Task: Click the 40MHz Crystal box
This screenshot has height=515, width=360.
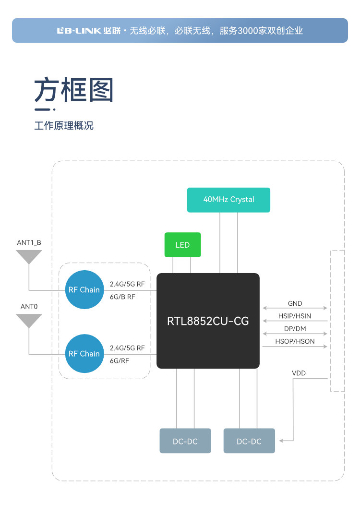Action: [x=228, y=200]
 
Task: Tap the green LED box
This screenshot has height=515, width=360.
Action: [x=182, y=245]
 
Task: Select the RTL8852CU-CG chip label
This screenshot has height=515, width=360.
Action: [x=208, y=321]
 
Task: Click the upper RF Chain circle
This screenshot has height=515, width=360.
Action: [x=84, y=289]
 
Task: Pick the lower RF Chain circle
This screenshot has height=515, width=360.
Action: [x=84, y=354]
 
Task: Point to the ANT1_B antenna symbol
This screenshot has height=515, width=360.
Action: [x=29, y=257]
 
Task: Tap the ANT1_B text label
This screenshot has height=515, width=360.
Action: [x=29, y=242]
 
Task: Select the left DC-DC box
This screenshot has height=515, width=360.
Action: [x=185, y=441]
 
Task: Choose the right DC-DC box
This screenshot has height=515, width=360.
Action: [x=249, y=441]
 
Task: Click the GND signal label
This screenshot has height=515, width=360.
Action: [x=295, y=303]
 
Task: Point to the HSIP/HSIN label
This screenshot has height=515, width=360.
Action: [x=295, y=316]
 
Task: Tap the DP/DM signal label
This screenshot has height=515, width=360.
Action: [x=295, y=329]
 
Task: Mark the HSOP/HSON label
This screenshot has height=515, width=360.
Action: [x=295, y=341]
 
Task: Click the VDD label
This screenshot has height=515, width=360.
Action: [x=299, y=373]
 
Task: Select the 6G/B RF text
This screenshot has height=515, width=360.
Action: [x=123, y=297]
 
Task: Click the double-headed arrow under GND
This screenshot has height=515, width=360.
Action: [x=295, y=308]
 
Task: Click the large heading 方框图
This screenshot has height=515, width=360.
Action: [x=74, y=90]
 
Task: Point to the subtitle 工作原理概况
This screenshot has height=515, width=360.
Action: [x=64, y=126]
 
